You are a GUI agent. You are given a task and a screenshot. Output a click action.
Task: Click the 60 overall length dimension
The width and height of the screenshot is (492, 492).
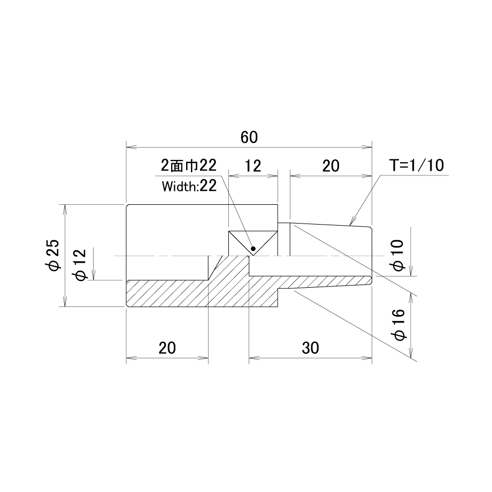pos(249,137)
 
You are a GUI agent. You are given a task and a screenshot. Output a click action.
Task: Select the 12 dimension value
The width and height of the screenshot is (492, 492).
pos(252,166)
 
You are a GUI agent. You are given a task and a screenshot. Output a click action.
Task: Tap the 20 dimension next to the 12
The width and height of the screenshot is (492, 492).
pos(330,166)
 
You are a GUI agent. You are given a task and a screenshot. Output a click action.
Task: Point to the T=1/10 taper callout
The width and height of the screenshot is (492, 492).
pos(417,165)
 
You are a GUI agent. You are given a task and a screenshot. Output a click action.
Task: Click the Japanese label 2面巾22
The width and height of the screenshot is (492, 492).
pos(189,165)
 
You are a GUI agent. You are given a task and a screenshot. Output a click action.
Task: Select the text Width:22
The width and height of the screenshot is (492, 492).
pos(189,187)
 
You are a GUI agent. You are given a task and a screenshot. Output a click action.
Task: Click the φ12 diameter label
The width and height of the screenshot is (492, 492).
pos(79,265)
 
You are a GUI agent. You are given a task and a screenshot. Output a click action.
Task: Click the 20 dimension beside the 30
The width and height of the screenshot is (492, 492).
pos(167,348)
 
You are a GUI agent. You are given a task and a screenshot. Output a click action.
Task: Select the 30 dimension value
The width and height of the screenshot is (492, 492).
pos(310,348)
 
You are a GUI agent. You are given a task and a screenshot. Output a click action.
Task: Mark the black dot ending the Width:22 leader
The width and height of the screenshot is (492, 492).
pos(253,249)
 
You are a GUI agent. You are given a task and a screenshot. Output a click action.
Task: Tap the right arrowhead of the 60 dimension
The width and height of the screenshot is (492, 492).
pos(367,147)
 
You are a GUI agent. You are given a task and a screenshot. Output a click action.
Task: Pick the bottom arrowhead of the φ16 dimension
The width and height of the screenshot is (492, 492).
pos(411,352)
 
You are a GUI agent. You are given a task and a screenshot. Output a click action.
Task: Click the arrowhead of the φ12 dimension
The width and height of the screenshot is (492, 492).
pos(94,274)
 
